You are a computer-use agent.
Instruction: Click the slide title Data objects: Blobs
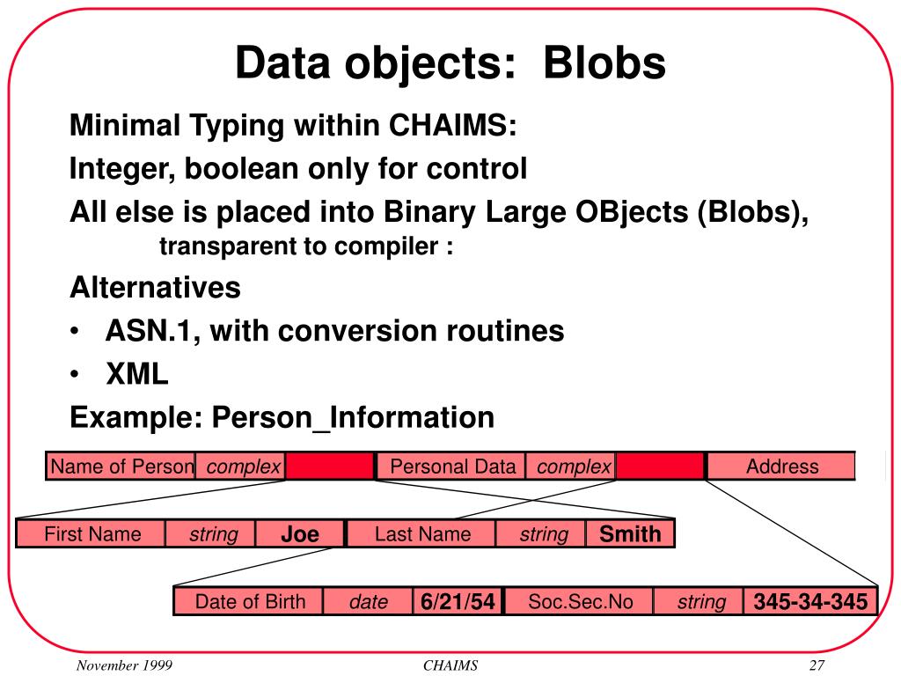coord(450,63)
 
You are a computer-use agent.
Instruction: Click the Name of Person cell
coord(121,467)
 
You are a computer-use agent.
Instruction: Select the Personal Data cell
coord(452,467)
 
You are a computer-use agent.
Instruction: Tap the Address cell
coord(781,467)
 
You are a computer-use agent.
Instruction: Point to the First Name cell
coord(92,534)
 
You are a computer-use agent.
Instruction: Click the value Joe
coord(300,534)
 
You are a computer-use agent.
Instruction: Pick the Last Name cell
coord(422,534)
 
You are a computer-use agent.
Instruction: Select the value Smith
coord(630,534)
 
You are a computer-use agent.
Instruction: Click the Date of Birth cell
coord(250,602)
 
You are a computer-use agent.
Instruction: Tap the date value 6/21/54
coord(458,603)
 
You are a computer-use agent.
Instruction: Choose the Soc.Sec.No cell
coord(580,602)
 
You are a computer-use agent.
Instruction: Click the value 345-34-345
coord(810,603)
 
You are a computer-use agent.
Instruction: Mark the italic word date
coord(369,603)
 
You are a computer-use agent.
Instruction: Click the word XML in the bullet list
coord(136,375)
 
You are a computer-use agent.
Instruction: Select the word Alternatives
coord(155,288)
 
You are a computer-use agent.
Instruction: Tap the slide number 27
coord(816,665)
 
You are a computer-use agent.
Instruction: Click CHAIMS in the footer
coord(450,665)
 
